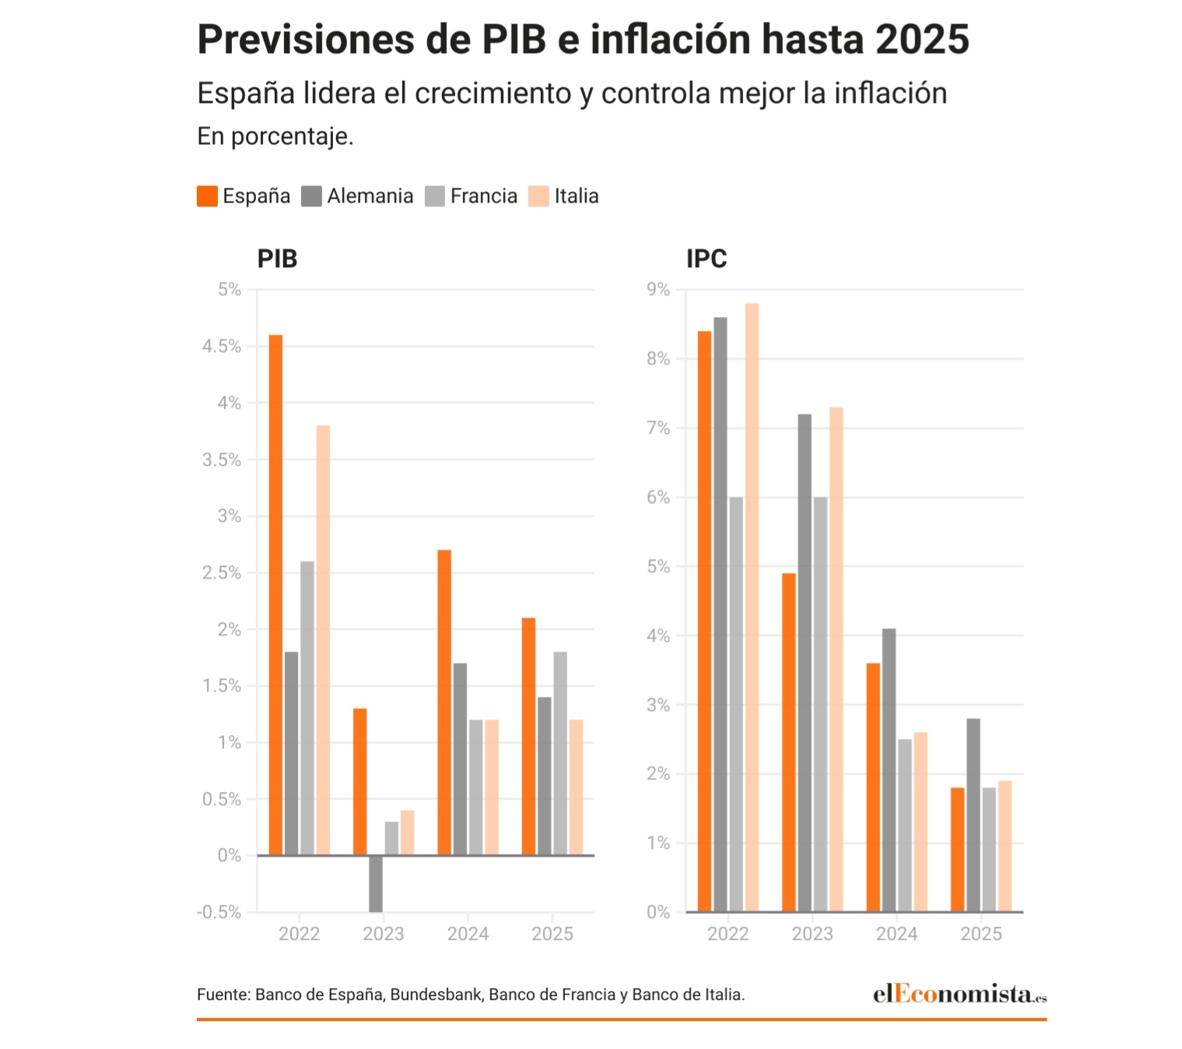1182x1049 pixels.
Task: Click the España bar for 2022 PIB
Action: click(275, 595)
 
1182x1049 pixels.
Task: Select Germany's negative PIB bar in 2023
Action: click(376, 884)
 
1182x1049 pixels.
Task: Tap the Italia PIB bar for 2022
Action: click(323, 640)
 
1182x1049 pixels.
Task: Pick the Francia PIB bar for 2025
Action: click(560, 753)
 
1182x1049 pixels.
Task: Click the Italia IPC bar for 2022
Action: click(752, 607)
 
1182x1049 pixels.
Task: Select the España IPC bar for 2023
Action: click(789, 742)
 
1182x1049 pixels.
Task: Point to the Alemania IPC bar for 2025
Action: click(973, 815)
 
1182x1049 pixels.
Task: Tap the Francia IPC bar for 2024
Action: click(905, 825)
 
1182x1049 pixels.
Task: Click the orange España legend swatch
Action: click(207, 196)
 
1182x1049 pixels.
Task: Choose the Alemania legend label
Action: click(370, 196)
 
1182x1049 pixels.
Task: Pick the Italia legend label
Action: click(577, 196)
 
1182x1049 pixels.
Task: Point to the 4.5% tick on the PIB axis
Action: click(222, 347)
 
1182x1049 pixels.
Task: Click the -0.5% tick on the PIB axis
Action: click(219, 912)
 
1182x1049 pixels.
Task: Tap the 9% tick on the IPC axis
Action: click(658, 290)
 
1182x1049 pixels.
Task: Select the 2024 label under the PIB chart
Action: click(468, 934)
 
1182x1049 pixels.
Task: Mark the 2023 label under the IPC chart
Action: click(812, 934)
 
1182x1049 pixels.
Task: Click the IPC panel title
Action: click(707, 259)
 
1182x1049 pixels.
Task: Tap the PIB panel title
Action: click(277, 259)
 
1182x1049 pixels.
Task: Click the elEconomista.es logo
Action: click(959, 994)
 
